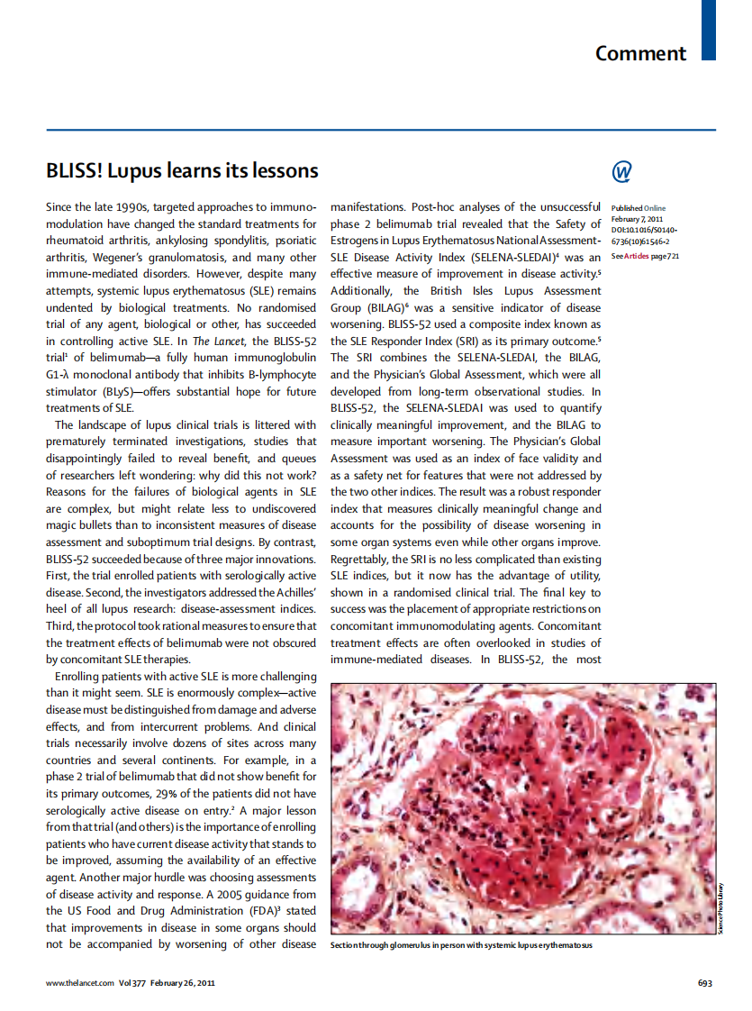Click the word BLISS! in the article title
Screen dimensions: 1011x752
coord(76,170)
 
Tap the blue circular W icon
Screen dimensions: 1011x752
coord(621,171)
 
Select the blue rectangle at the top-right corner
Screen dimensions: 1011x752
coord(709,30)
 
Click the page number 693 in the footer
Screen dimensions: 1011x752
coord(706,982)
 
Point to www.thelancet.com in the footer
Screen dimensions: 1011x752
coord(80,982)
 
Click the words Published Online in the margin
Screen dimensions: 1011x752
coord(639,208)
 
